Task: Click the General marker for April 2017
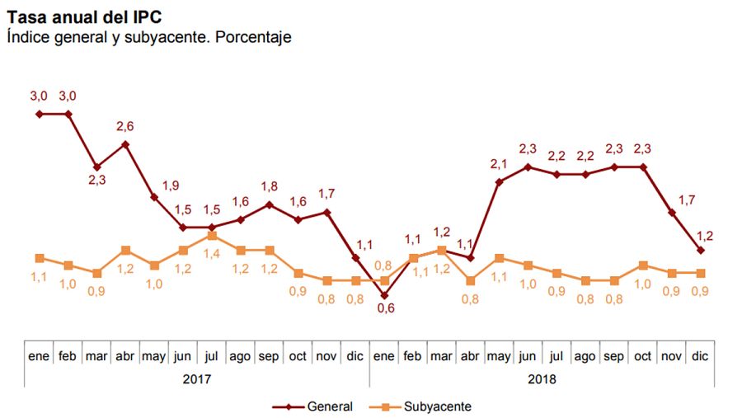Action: pos(125,144)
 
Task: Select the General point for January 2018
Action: pos(384,295)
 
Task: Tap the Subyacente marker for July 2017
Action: pos(212,235)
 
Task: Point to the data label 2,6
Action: pos(125,126)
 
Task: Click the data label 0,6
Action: pos(384,308)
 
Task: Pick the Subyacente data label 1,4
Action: pos(212,254)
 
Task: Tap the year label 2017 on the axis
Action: pos(197,379)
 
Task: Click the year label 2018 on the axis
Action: pos(542,379)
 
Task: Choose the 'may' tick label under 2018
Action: pos(499,357)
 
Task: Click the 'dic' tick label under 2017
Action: pos(355,357)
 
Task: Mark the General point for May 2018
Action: pos(499,181)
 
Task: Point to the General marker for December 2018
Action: pos(700,250)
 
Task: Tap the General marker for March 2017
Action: pos(96,167)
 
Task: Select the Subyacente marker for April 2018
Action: pos(470,280)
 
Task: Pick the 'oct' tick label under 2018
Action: pos(642,357)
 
